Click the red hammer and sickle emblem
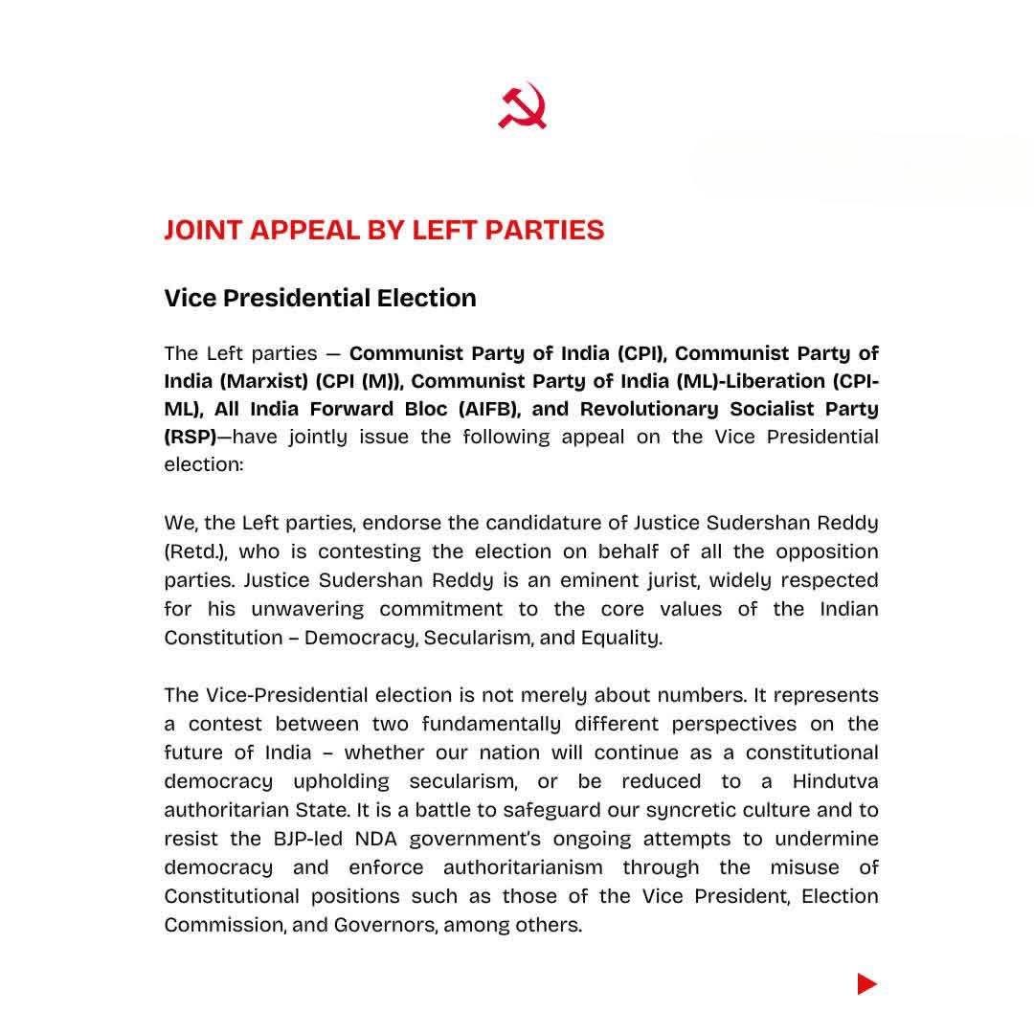click(522, 106)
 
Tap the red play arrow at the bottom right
click(866, 983)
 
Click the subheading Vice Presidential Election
click(320, 298)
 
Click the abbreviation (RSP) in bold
click(190, 438)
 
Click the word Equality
click(621, 639)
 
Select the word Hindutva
click(835, 781)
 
